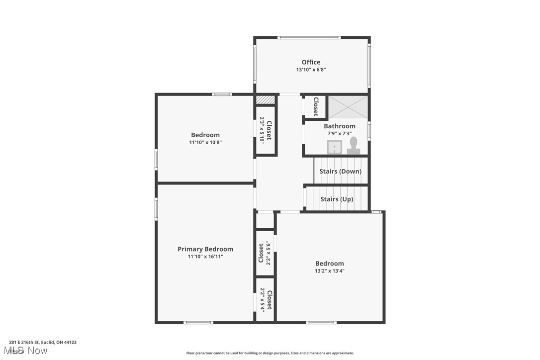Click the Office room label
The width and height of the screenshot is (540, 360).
click(x=311, y=62)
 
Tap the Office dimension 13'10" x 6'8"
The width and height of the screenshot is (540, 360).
click(x=311, y=70)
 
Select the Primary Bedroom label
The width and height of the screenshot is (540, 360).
click(x=205, y=249)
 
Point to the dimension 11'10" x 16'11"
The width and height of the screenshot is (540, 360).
click(x=205, y=257)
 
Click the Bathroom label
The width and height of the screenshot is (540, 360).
click(x=340, y=126)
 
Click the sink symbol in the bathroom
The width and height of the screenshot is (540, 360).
click(x=334, y=147)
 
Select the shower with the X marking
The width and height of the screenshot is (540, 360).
click(x=348, y=107)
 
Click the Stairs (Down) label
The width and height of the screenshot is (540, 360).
click(x=340, y=172)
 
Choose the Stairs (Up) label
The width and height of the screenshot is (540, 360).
click(x=337, y=199)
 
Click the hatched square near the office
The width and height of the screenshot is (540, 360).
click(x=266, y=100)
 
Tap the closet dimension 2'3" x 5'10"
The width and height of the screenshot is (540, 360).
click(x=262, y=130)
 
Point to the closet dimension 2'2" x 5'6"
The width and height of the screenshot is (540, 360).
click(x=269, y=253)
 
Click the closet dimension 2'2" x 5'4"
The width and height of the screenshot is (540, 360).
click(x=262, y=300)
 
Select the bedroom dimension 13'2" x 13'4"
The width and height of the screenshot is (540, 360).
click(x=330, y=271)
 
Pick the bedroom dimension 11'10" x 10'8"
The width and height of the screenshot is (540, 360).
click(x=205, y=142)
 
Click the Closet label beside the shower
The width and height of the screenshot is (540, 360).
click(x=315, y=106)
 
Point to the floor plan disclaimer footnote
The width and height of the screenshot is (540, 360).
click(x=270, y=353)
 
